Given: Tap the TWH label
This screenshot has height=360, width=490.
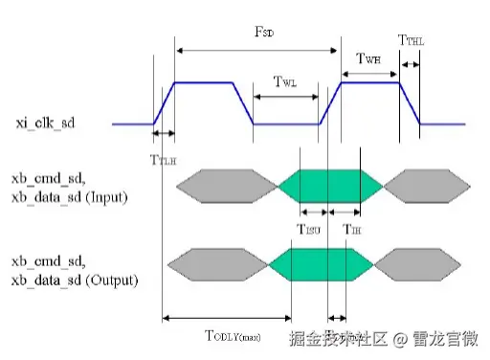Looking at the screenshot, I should pos(370,59).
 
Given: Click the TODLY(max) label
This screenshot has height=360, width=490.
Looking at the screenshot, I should pos(233,335).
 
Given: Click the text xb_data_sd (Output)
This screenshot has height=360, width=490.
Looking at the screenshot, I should pos(73,280).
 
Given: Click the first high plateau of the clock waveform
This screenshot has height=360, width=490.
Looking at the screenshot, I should pos(204,83).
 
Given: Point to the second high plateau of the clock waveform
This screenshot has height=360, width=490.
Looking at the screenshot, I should pos(370,83).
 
